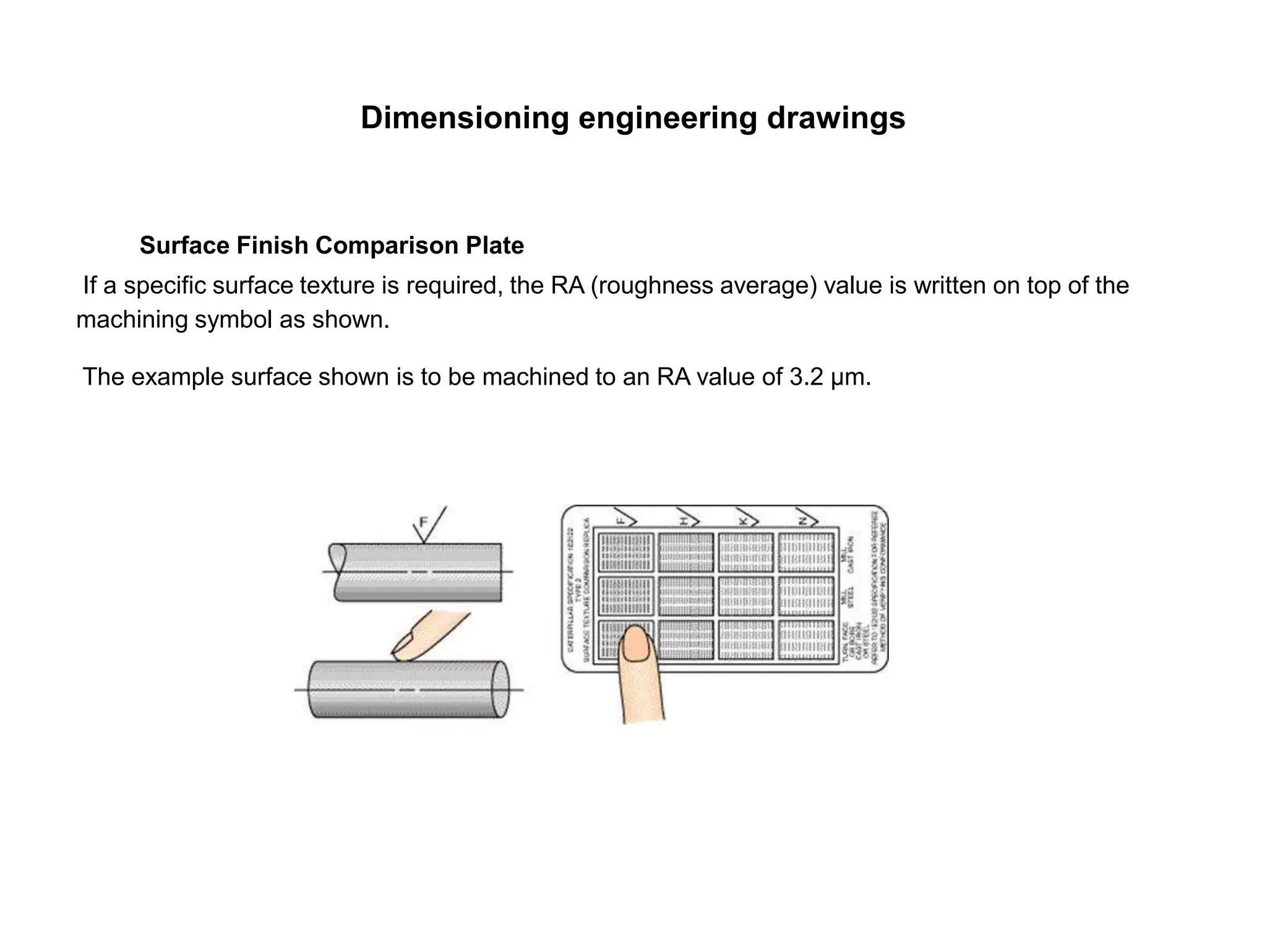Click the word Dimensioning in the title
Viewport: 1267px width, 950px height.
(x=464, y=118)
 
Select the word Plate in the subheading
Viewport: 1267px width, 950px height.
(x=495, y=246)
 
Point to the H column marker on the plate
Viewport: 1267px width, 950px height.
(x=685, y=521)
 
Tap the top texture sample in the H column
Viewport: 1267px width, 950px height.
(x=685, y=552)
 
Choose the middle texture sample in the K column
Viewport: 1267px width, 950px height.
(x=745, y=596)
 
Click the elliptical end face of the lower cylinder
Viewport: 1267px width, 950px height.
(x=499, y=689)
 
